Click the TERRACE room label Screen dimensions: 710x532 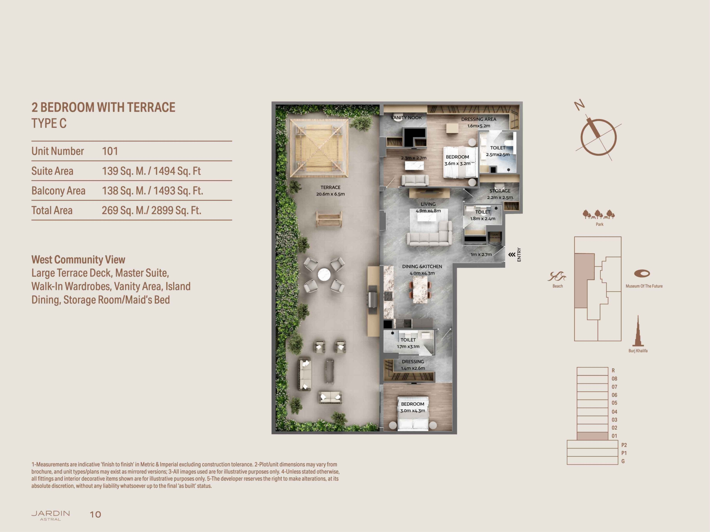pos(330,187)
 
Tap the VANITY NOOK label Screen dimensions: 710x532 pos(406,118)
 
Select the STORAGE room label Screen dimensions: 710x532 pos(500,191)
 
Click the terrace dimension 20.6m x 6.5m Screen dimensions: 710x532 pos(330,194)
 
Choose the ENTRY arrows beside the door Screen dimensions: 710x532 pos(512,255)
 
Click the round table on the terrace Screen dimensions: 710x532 pos(324,275)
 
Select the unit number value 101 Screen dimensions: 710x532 pos(110,151)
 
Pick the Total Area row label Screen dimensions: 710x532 pos(52,210)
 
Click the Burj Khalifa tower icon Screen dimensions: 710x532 pos(638,331)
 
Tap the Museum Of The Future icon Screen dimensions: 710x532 pos(642,274)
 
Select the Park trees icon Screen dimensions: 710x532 pos(599,214)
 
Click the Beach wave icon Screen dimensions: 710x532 pos(557,277)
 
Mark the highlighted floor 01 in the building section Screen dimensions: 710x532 pos(592,436)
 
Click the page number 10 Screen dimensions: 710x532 pos(95,515)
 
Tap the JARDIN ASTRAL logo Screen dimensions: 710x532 pos(50,516)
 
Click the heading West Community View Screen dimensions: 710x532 pos(78,259)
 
